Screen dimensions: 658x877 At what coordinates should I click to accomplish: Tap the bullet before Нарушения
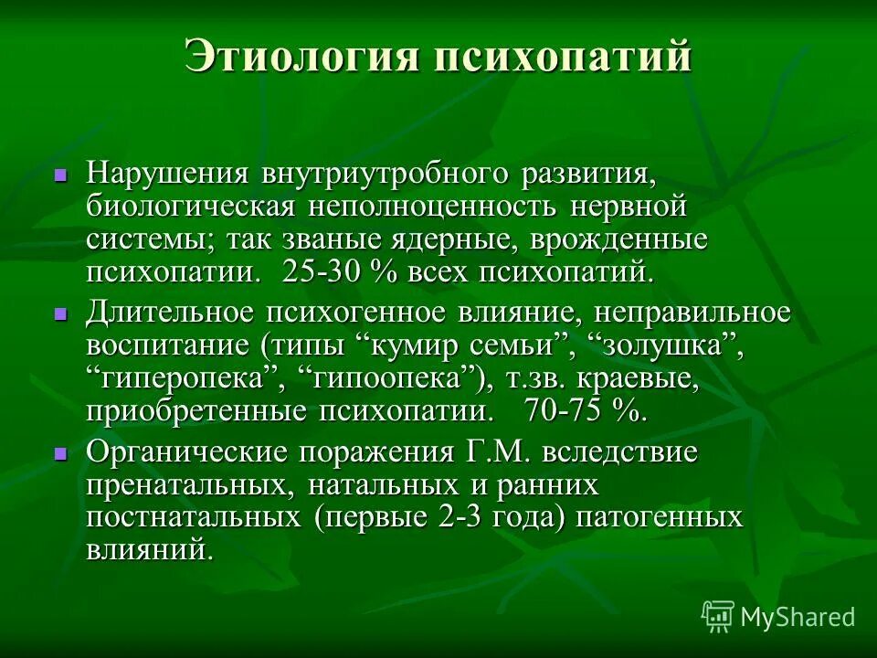pos(60,173)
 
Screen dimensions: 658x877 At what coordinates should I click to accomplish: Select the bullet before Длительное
pos(60,313)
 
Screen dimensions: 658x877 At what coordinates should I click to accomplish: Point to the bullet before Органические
pos(60,452)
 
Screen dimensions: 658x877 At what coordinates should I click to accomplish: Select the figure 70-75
pos(563,411)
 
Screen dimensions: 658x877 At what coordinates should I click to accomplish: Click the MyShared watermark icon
pos(718,616)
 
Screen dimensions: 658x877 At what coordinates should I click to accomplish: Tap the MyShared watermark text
pos(798,617)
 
